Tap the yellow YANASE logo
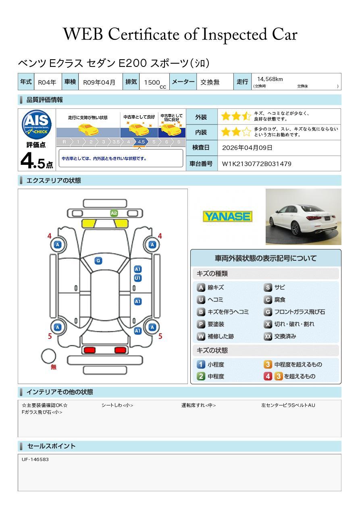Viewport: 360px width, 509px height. coord(227,216)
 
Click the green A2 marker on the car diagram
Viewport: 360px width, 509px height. coord(114,213)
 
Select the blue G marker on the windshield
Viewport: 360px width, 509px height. coord(98,261)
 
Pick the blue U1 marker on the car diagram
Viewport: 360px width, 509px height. coord(137,278)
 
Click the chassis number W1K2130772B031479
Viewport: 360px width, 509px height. coord(256,164)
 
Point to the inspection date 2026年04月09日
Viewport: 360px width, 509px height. coord(247,148)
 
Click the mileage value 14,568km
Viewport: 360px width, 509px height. coord(270,79)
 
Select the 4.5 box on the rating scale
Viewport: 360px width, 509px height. coord(141,142)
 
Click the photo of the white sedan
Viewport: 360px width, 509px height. coord(303,217)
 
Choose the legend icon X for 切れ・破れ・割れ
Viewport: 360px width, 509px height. coord(268,324)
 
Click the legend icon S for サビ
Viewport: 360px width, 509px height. coord(268,287)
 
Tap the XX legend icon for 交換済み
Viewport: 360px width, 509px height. coord(268,336)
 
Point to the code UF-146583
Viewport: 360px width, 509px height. coord(35,459)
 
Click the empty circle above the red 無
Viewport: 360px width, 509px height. coord(49,356)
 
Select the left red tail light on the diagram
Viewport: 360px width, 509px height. coord(89,350)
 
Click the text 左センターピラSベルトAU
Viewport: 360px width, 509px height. coord(288,405)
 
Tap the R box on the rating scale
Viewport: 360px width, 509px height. coord(64,142)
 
